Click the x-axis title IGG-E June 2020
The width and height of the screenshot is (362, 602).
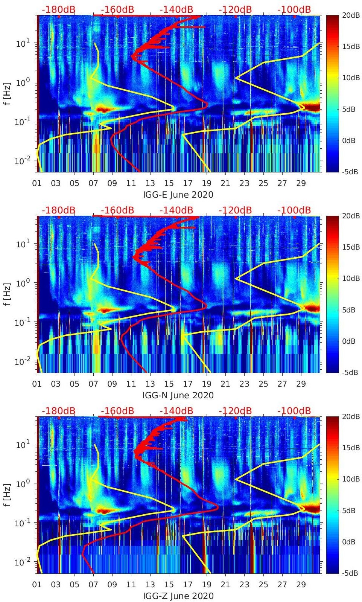[178, 195]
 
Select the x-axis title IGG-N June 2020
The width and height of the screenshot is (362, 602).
[178, 395]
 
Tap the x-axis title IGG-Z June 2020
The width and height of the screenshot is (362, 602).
[178, 596]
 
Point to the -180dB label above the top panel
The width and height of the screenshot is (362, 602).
[58, 9]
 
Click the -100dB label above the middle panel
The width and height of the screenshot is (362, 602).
[294, 210]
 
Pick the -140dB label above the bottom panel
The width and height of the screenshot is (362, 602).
[176, 411]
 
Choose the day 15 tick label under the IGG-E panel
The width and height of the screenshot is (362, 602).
[169, 183]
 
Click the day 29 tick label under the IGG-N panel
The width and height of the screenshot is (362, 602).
[301, 384]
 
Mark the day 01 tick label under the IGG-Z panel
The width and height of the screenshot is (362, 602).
[37, 585]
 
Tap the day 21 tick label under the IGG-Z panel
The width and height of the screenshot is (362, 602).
[225, 585]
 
